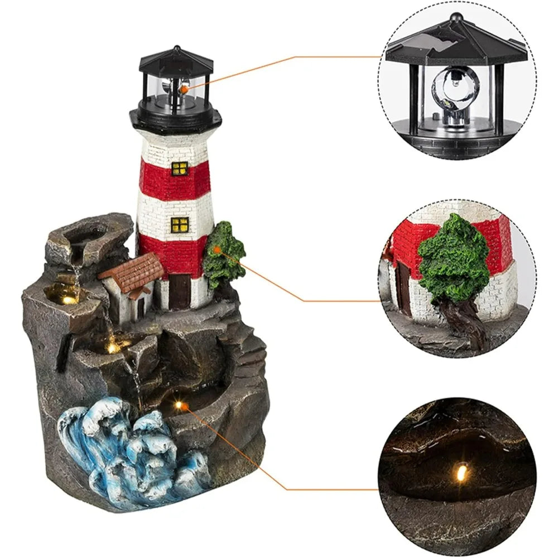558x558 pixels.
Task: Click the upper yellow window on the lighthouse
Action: pos(180,168)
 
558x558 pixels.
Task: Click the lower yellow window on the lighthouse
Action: pos(180,224)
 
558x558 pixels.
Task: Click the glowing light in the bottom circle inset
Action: pos(461,473)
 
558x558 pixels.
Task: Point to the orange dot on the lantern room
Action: pos(184,87)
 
